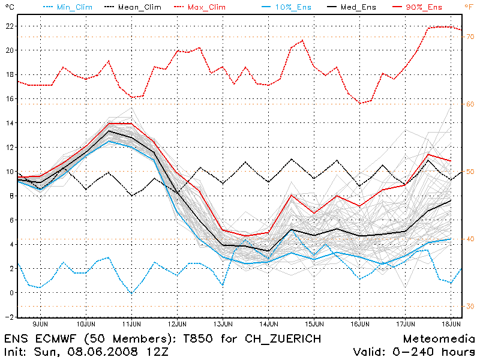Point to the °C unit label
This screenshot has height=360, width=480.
(8, 7)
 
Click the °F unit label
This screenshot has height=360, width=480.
(468, 7)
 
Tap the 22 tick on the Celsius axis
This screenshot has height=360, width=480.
(8, 26)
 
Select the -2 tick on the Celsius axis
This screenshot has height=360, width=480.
(7, 317)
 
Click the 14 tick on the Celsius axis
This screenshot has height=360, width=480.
(8, 123)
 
